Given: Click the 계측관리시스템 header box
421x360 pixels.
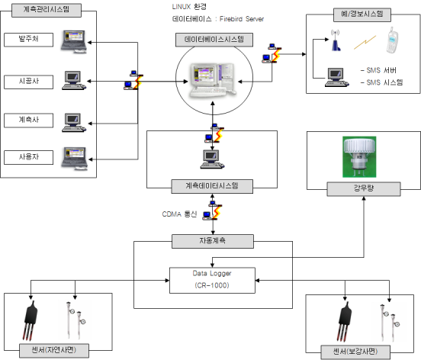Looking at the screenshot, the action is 47,10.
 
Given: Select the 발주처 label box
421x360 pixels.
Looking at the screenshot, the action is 28,40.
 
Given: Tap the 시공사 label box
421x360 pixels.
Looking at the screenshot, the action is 28,82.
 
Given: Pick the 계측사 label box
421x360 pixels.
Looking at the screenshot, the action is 28,121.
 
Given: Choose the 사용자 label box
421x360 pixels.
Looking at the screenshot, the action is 28,157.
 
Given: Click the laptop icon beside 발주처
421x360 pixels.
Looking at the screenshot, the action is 74,42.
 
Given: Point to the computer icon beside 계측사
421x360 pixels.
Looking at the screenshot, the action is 74,123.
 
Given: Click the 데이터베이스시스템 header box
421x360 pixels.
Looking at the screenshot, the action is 214,40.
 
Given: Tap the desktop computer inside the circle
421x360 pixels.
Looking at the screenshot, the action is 214,80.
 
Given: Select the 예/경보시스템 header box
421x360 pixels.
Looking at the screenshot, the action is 362,14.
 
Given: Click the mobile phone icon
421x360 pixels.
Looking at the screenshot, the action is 392,40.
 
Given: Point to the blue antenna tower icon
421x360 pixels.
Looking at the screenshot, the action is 336,40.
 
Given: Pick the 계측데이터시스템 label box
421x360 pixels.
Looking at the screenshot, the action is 212,186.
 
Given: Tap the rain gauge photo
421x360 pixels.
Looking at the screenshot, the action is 359,157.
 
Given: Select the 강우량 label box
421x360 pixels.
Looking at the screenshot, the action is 364,189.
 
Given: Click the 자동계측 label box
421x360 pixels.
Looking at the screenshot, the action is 213,241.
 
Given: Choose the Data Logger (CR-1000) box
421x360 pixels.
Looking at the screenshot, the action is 212,280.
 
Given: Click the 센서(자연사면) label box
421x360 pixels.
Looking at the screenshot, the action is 54,351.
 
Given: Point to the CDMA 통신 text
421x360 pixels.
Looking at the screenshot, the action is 179,214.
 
